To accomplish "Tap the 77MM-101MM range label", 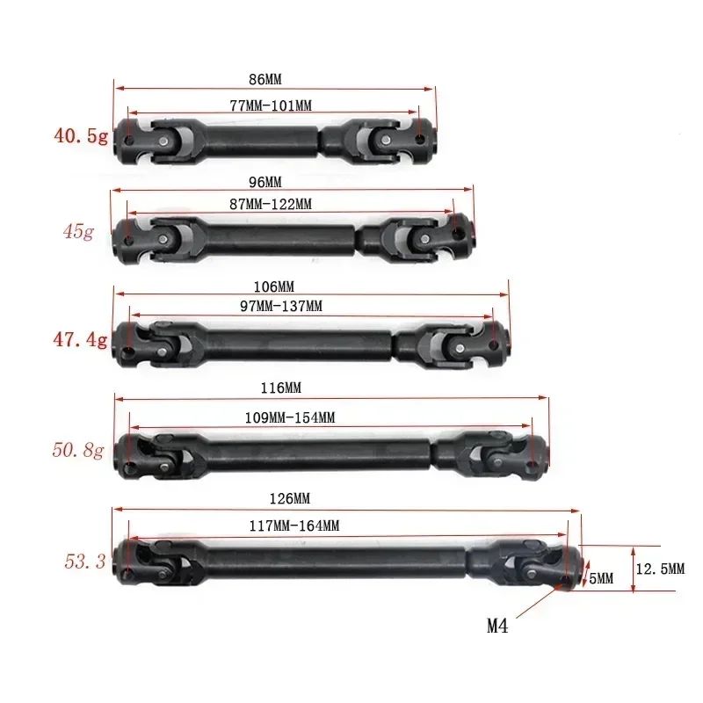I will [x=271, y=105].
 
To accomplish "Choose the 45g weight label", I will [x=77, y=233].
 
